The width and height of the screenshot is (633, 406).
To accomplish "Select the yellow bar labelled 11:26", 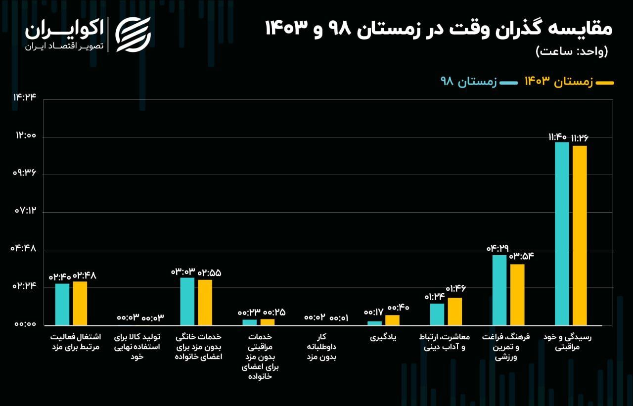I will click(580, 235).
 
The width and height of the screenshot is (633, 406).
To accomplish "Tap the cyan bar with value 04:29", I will click(499, 290).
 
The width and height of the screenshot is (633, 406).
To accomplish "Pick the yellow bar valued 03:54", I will click(517, 294).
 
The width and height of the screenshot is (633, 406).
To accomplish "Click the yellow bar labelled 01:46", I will click(455, 311).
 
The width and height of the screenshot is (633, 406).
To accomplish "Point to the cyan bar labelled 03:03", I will click(187, 301).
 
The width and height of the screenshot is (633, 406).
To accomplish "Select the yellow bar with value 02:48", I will click(80, 303).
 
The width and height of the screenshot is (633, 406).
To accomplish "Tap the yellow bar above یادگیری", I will click(392, 320).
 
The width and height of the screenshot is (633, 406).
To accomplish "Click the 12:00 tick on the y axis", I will click(25, 137).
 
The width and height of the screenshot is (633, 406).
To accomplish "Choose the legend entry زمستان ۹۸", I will click(468, 82).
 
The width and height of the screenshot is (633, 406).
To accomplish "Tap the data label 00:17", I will click(373, 313).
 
